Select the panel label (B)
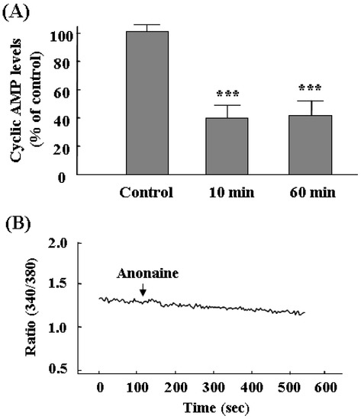point(20,225)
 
